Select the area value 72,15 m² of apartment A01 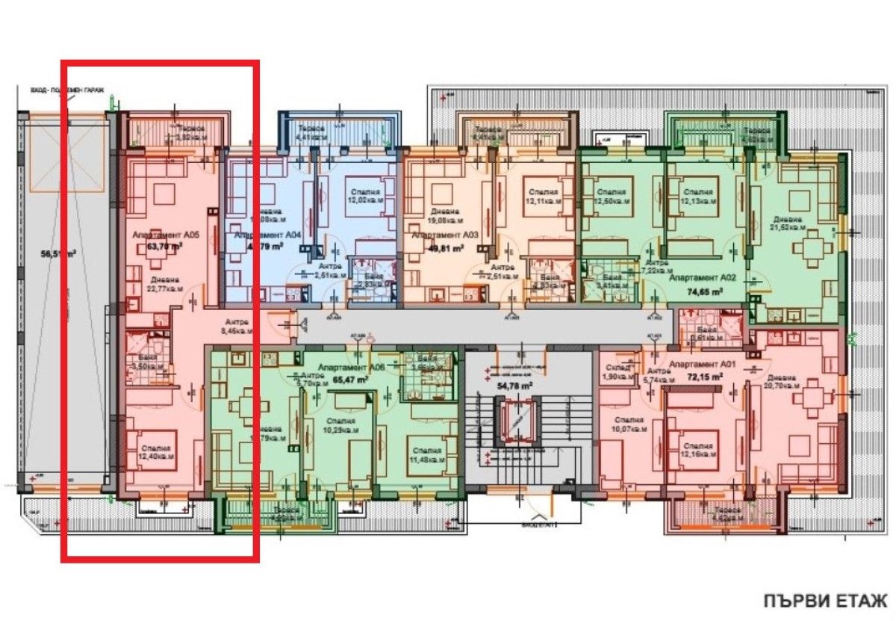(706, 377)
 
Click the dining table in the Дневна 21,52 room (811, 247)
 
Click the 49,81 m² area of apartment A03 (443, 249)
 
